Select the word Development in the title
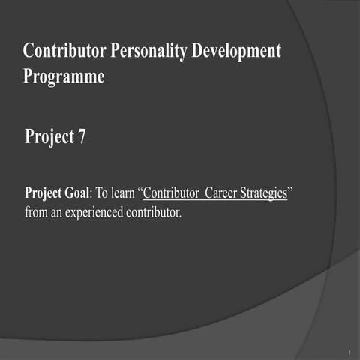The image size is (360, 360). (x=237, y=52)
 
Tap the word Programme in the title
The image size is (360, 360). (x=64, y=77)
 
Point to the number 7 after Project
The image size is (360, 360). (x=81, y=139)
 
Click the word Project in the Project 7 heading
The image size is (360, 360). (x=49, y=139)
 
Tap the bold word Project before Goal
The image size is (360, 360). (x=43, y=193)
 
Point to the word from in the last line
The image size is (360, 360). (x=36, y=212)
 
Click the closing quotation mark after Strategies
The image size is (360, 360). (x=291, y=190)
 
